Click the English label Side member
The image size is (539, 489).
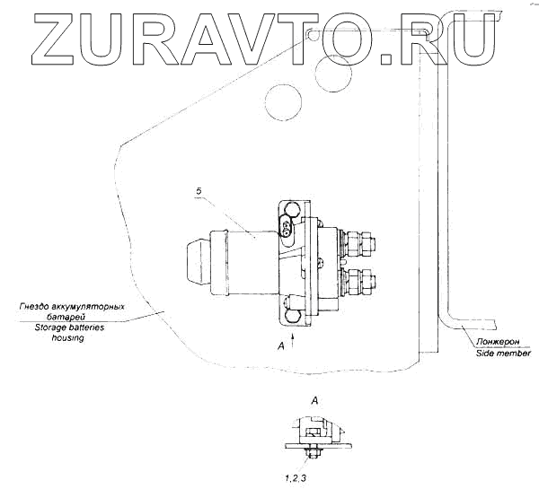503,354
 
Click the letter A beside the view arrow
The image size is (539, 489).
282,345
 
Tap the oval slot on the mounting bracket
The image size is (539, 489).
287,230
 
